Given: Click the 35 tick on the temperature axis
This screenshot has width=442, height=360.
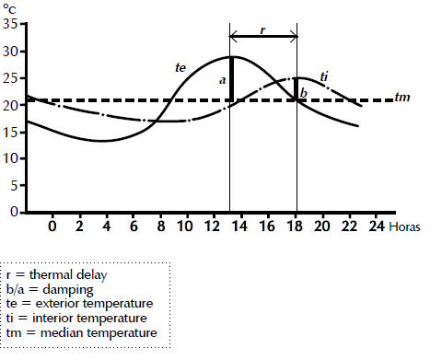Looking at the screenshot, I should pos(13,24).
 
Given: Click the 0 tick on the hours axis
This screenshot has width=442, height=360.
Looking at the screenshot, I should pos(52,226).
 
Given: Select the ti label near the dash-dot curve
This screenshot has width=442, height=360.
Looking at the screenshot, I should pos(324,75).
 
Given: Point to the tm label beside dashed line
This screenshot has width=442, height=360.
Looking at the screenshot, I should pos(401,99).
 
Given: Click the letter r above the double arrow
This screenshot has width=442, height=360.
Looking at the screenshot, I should pos(262,29).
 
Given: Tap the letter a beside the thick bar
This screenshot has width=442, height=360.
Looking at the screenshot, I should pos(222,80).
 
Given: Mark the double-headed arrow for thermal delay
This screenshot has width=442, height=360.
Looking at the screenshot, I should pos(262,38).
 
